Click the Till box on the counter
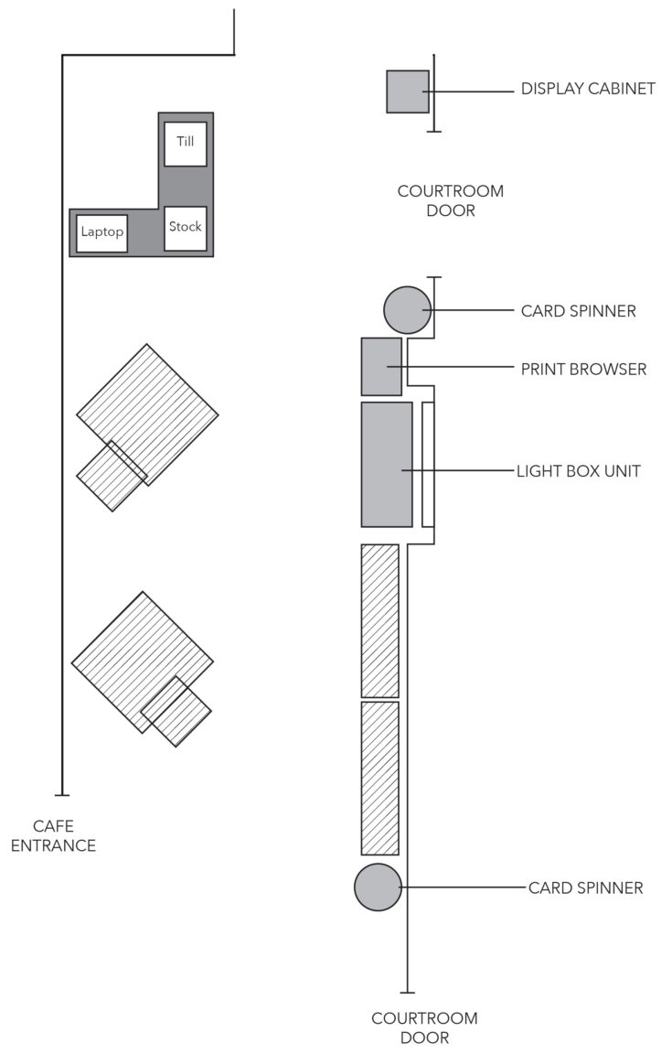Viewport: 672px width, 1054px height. tap(186, 144)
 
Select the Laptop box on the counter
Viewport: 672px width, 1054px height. tap(101, 232)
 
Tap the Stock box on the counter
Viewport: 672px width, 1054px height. tap(186, 228)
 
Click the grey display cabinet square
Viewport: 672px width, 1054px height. tap(407, 91)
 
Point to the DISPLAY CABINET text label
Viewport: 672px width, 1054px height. tap(588, 90)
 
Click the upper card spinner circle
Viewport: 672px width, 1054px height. tap(407, 309)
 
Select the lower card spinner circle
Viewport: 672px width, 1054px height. tap(379, 887)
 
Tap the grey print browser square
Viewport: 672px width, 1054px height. tap(381, 366)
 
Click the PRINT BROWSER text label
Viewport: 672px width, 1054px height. tap(583, 370)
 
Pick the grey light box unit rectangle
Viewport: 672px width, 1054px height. tap(386, 464)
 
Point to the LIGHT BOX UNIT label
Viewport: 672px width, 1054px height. tap(579, 472)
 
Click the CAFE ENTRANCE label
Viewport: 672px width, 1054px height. tap(52, 836)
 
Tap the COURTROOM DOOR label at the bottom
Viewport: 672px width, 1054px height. tap(424, 1027)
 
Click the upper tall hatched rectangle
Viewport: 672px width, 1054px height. tap(379, 620)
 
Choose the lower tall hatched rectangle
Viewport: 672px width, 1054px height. tap(379, 778)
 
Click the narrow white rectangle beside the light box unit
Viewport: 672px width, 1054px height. tap(428, 464)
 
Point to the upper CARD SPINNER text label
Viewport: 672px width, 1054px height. tap(578, 311)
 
